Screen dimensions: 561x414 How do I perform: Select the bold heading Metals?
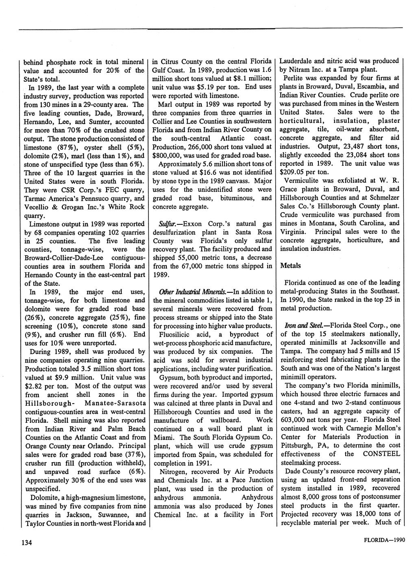(291, 265)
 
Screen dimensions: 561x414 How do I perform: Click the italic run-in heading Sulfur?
(161, 224)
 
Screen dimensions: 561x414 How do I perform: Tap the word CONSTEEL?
(381, 454)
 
